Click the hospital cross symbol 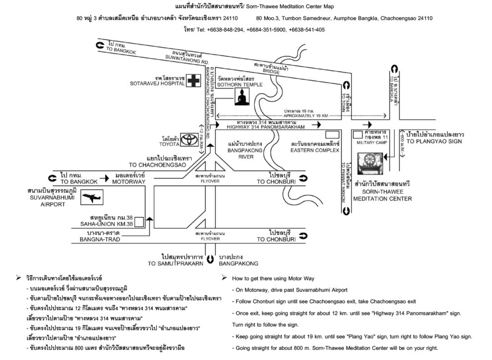pyautogui.click(x=193, y=80)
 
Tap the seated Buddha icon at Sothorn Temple pyautogui.click(x=242, y=97)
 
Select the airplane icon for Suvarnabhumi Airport pyautogui.click(x=92, y=198)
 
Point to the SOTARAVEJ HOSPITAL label pyautogui.click(x=157, y=84)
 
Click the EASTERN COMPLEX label pyautogui.click(x=315, y=150)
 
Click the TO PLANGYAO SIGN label pyautogui.click(x=434, y=142)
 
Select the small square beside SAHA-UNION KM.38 pyautogui.click(x=139, y=222)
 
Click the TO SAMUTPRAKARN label pyautogui.click(x=176, y=263)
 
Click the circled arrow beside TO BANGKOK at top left pyautogui.click(x=100, y=45)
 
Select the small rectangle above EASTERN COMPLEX pyautogui.click(x=332, y=134)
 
